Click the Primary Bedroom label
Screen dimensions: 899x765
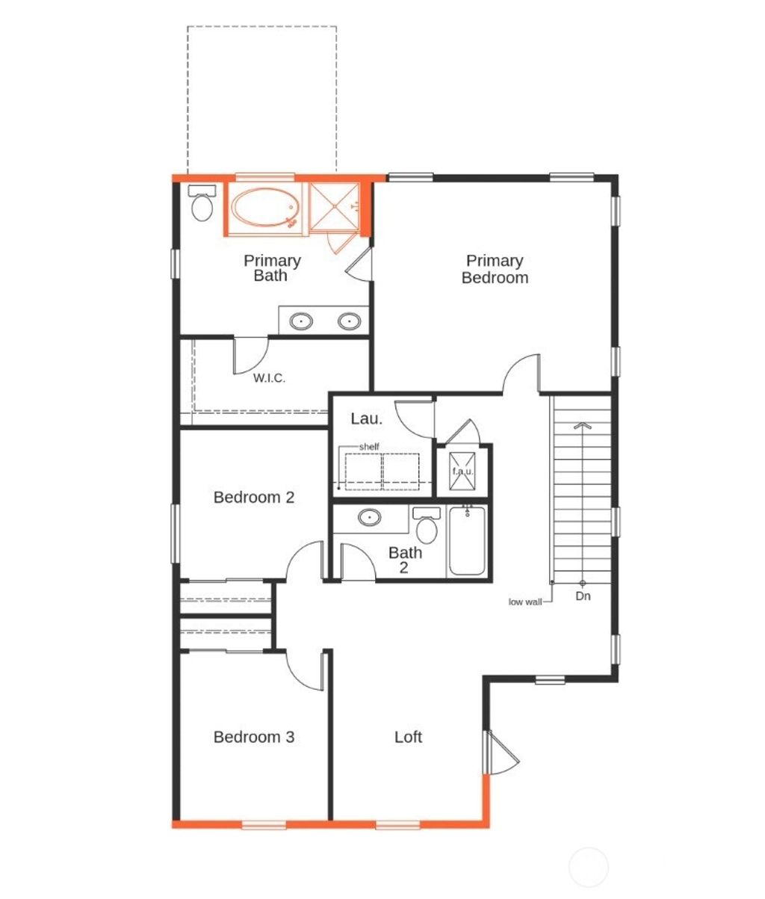point(495,269)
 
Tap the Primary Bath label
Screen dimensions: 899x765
point(272,268)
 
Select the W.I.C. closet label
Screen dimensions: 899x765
point(269,378)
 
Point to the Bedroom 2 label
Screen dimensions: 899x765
point(254,497)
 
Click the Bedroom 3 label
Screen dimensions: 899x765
point(254,737)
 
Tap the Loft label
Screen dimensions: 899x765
point(409,737)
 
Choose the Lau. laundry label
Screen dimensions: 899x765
point(367,418)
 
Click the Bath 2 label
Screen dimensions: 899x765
point(405,560)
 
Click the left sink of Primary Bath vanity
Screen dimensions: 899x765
point(301,321)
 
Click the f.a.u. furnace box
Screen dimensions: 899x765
point(462,472)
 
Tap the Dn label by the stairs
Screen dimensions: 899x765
point(583,596)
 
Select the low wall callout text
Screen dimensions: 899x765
point(525,602)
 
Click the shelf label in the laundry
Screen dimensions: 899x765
point(369,447)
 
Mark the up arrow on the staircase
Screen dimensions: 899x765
point(582,426)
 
